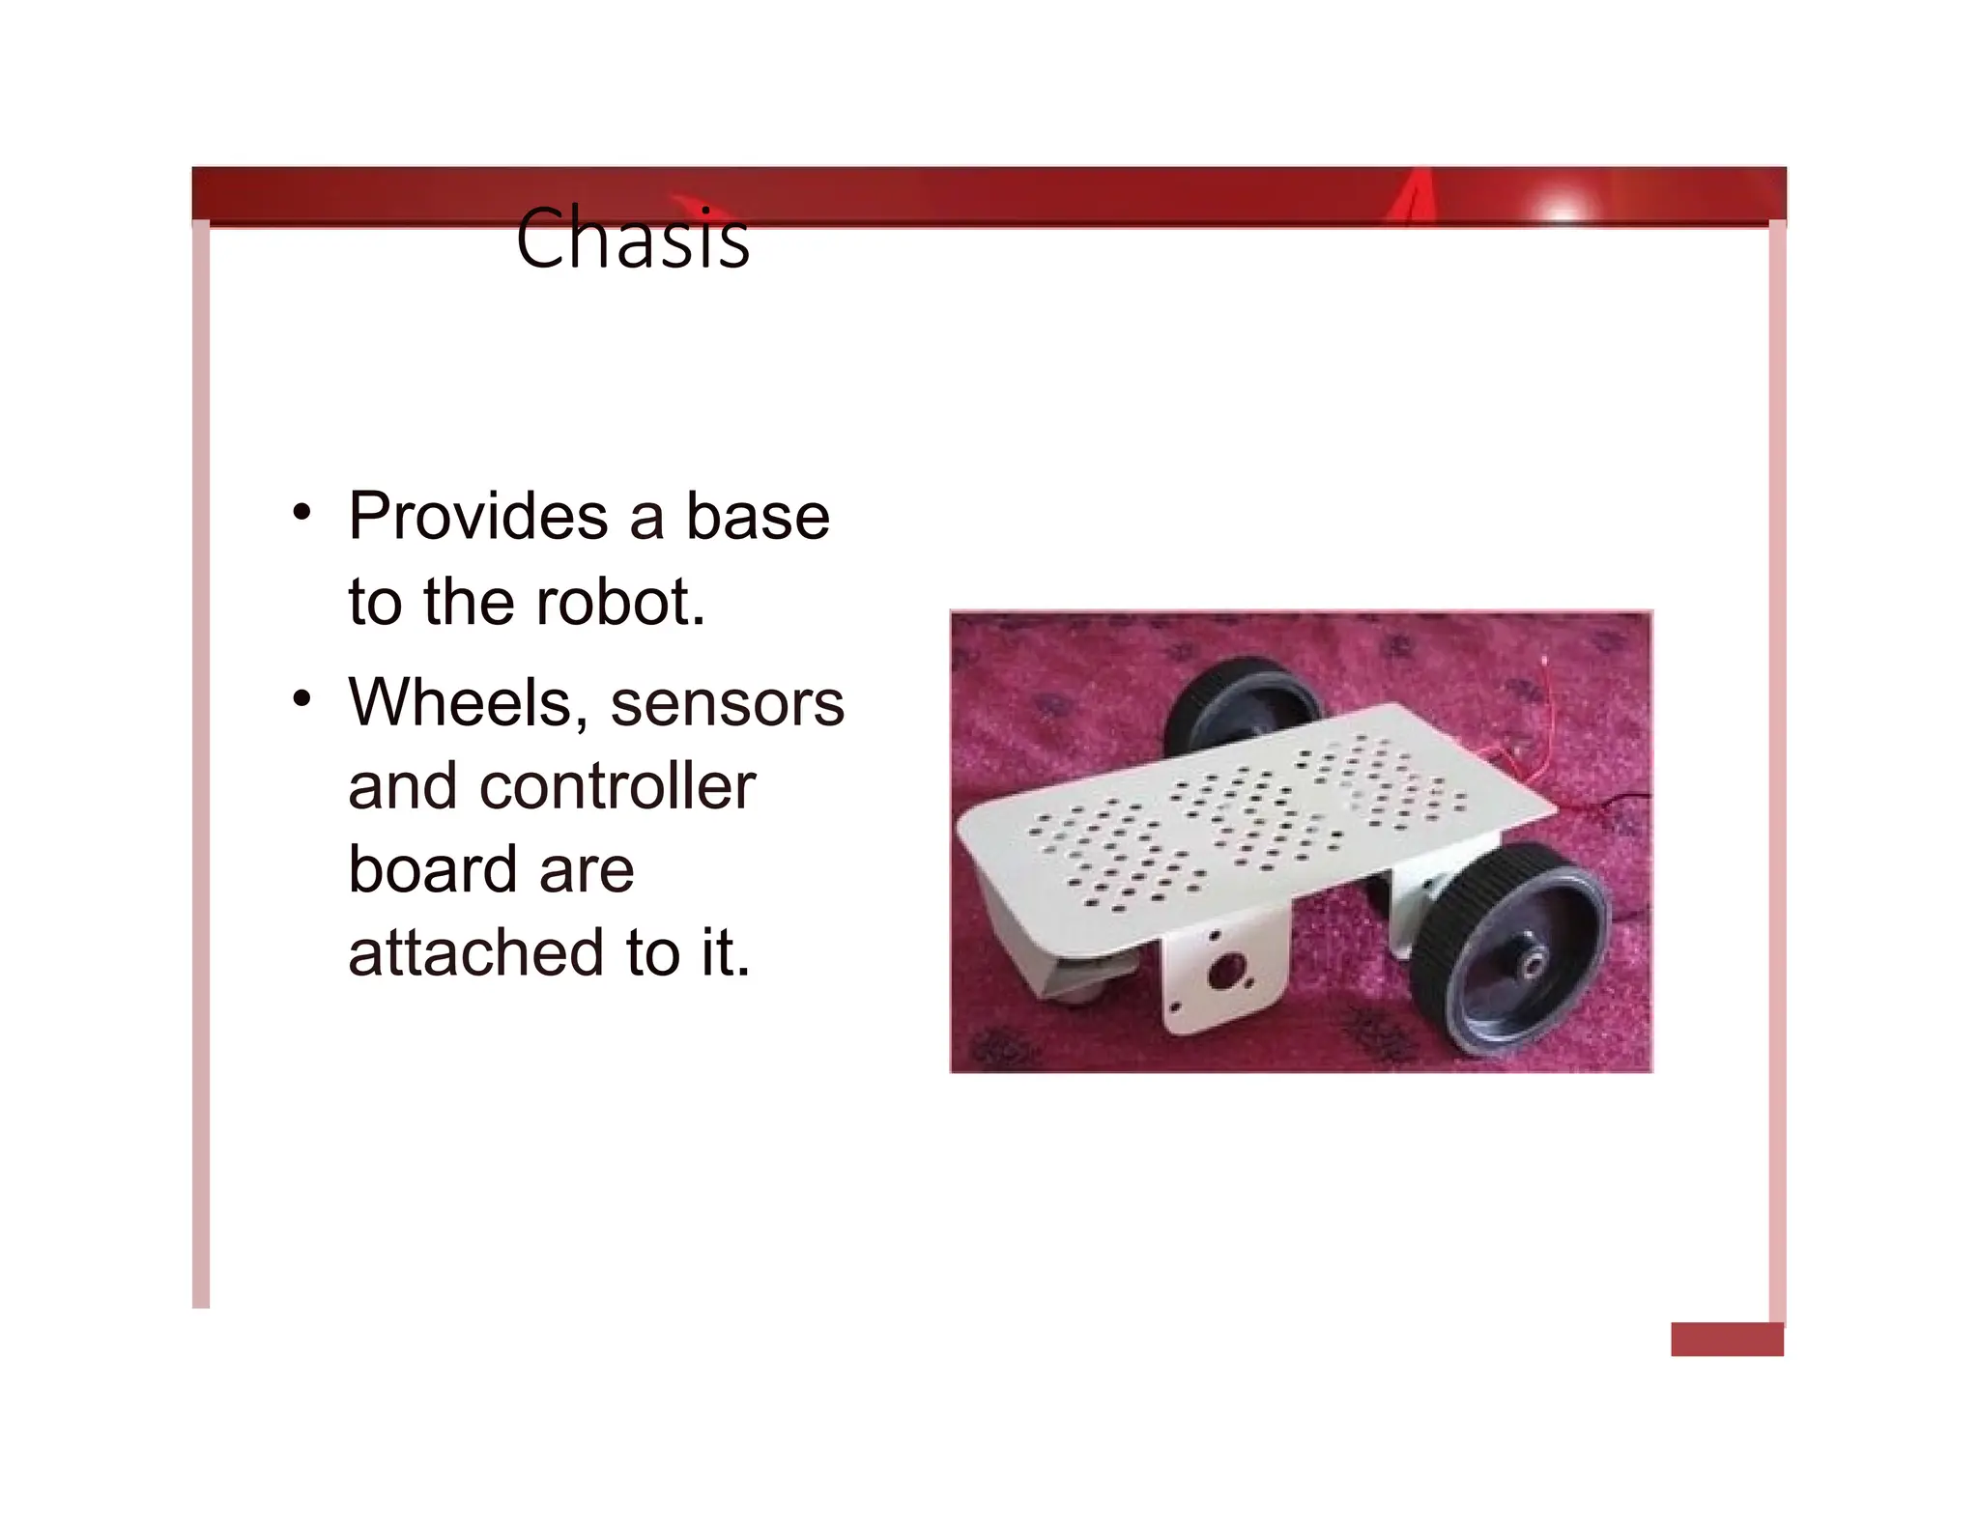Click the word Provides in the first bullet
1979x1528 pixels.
tap(478, 517)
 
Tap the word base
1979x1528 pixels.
tap(758, 517)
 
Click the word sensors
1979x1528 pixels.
tap(727, 702)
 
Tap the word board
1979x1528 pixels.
tap(432, 869)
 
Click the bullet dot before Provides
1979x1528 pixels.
tap(302, 512)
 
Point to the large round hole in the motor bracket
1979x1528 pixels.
tap(1224, 970)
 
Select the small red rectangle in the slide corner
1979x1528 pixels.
tap(1727, 1339)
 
